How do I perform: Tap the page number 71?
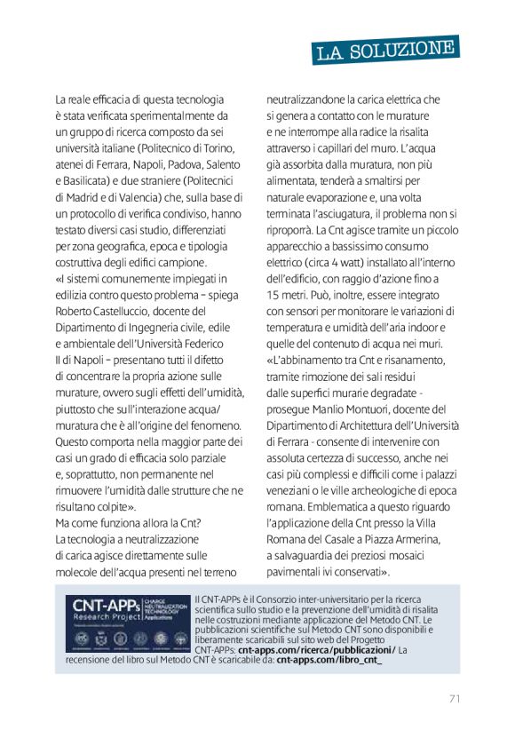point(454,697)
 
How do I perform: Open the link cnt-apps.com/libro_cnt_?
point(329,661)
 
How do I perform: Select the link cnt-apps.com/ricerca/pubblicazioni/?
point(316,650)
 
